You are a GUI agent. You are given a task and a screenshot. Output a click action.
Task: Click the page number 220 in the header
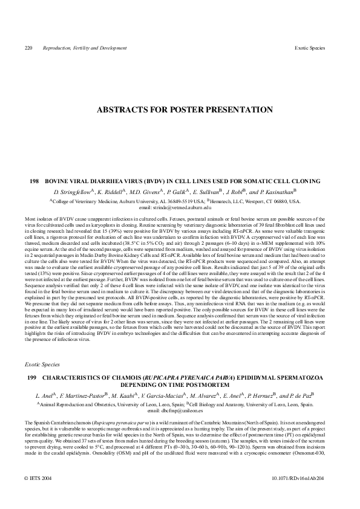(28, 47)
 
